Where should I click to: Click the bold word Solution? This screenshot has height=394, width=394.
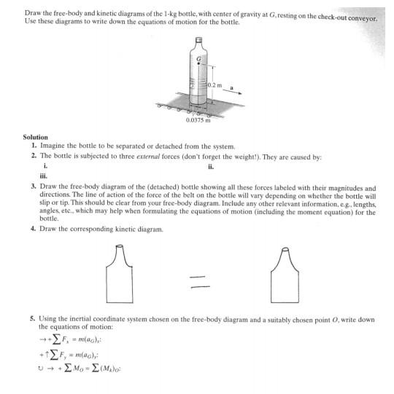point(35,137)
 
